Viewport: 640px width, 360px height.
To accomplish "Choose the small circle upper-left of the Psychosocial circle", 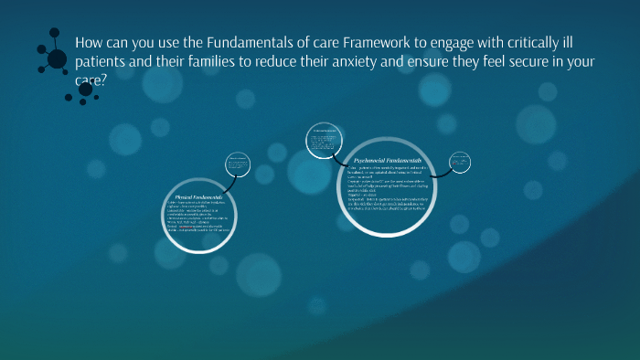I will click(x=325, y=137).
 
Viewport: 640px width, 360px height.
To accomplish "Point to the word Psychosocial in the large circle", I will click(x=372, y=160).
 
